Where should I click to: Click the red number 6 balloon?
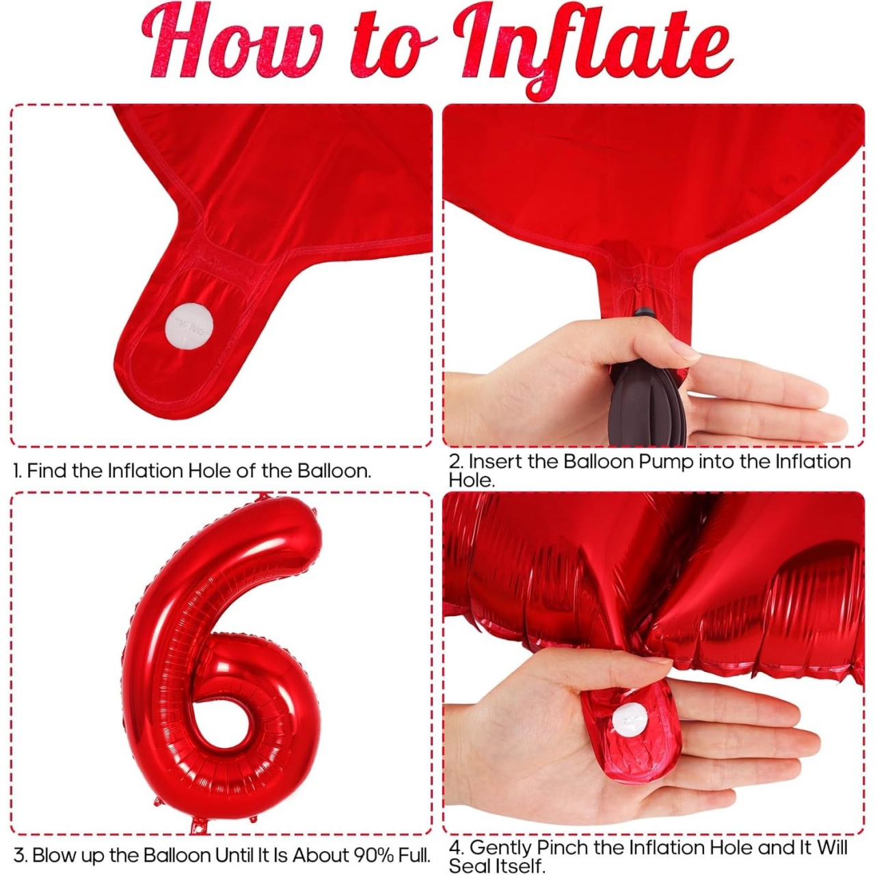point(221,649)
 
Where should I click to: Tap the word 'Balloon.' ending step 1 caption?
point(334,470)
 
